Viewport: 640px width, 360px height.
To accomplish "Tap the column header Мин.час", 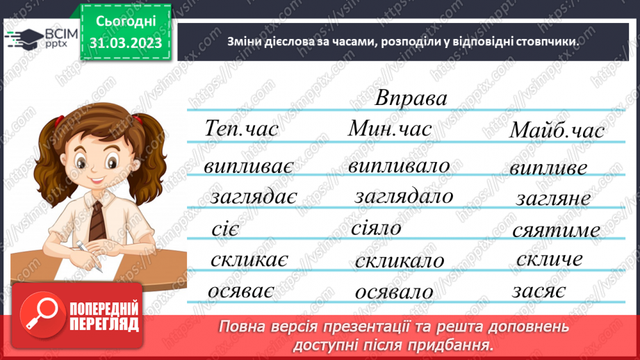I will click(x=390, y=129).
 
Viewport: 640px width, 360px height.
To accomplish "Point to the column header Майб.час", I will click(x=557, y=131).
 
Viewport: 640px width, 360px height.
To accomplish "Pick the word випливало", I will click(x=399, y=167).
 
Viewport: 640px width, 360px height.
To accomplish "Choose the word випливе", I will click(x=548, y=168).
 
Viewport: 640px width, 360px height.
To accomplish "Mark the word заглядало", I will click(x=403, y=197).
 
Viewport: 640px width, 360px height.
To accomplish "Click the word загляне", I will click(x=553, y=199).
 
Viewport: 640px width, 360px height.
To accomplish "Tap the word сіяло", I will click(x=376, y=228).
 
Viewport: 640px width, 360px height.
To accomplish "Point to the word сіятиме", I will click(x=556, y=230).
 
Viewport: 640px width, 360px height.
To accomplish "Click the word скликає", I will click(x=249, y=260).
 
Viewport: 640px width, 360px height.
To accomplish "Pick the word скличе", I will click(x=550, y=259).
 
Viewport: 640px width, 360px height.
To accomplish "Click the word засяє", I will click(x=539, y=291).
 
